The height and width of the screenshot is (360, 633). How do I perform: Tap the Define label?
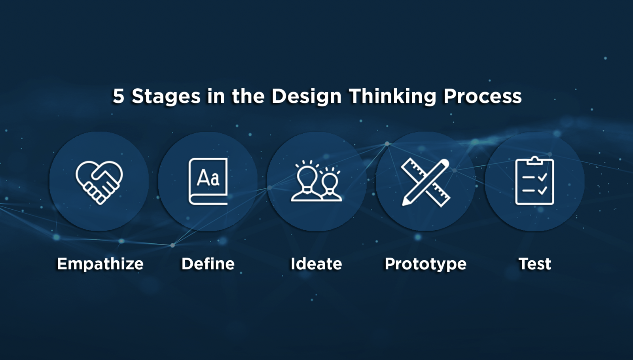pos(208,264)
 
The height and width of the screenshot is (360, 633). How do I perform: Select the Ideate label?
pos(316,264)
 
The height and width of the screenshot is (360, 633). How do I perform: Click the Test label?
pos(534,264)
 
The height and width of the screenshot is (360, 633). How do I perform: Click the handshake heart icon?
pos(99,182)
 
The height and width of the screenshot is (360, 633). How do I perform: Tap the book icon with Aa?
pos(208,182)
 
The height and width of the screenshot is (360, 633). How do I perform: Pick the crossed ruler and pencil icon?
pos(426,182)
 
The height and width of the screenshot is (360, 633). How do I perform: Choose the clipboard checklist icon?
pos(534,180)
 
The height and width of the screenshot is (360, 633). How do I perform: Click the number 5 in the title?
pos(118,96)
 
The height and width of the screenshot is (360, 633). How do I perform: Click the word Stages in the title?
pos(166,97)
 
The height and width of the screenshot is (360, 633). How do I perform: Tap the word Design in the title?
pos(307,97)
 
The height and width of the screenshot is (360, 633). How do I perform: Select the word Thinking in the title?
pos(393,97)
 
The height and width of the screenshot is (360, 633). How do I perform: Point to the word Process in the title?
pos(483,96)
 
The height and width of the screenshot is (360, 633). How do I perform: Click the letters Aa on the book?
pos(208,178)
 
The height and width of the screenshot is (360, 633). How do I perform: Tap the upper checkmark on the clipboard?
pos(542,177)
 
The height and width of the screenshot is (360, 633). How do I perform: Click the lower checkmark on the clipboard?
pos(542,191)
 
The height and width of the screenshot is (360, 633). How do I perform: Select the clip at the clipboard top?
pos(534,160)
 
